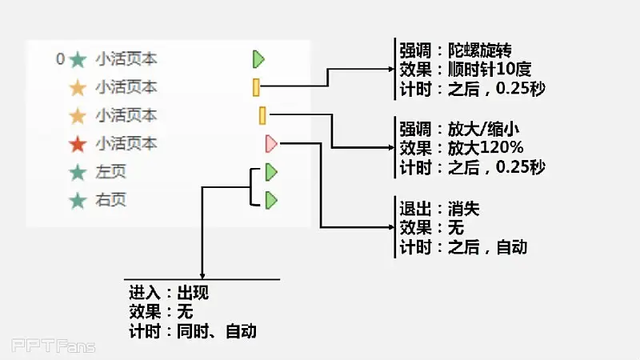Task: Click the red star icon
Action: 78,144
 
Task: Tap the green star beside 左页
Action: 78,172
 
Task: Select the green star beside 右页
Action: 78,201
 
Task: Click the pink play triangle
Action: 271,144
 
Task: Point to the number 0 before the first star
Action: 61,59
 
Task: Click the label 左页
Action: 110,172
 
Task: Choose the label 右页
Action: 110,200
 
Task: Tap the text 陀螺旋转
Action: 479,50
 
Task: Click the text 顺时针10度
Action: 490,69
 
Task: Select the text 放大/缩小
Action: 483,129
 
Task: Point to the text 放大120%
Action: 486,148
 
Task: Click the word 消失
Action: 464,209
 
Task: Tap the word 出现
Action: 193,293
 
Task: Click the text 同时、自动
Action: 217,331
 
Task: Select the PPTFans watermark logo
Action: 54,346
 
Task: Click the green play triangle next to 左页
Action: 271,172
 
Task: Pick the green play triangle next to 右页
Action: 271,201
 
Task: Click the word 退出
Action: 415,209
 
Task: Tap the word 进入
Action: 145,293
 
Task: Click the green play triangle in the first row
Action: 258,59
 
